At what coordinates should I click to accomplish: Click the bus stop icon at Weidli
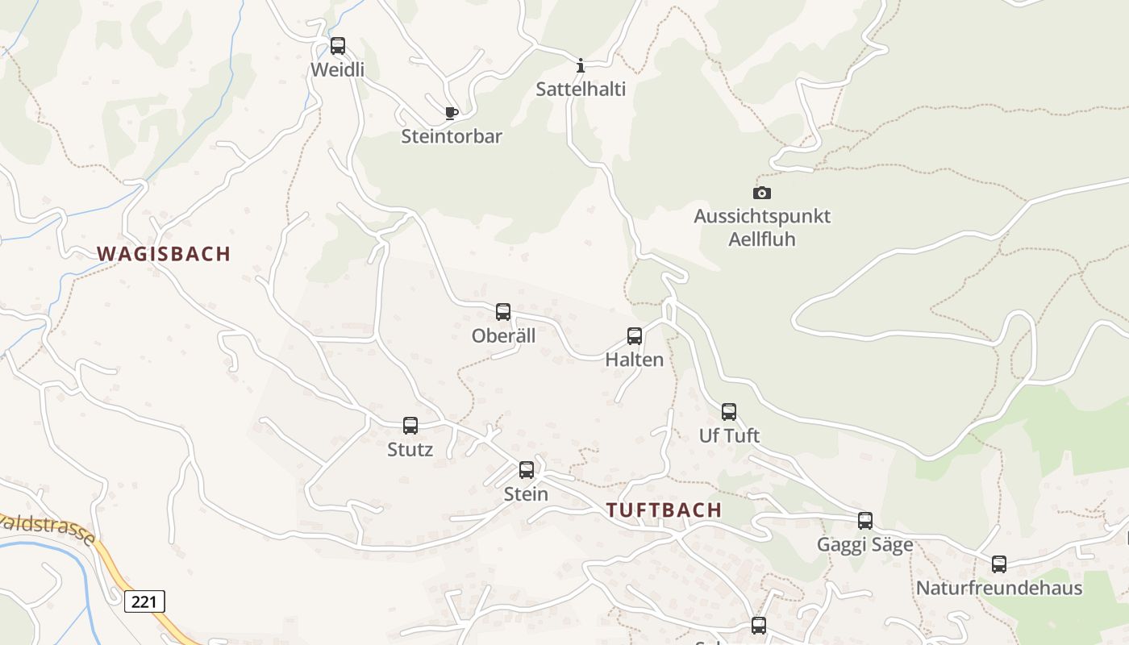coord(338,46)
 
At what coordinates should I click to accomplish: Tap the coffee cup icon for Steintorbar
coord(451,113)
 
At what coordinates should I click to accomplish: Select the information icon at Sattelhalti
coord(580,65)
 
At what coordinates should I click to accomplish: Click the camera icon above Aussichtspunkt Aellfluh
coord(761,193)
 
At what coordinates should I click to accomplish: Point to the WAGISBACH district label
coord(164,254)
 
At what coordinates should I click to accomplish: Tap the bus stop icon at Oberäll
coord(503,312)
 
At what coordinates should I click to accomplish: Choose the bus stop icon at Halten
coord(635,336)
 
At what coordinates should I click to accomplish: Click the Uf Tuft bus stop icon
coord(729,412)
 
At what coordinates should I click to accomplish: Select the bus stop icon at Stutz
coord(410,426)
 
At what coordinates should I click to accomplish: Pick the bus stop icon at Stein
coord(527,470)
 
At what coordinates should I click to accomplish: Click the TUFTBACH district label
coord(664,510)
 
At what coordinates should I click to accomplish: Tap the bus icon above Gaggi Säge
coord(865,521)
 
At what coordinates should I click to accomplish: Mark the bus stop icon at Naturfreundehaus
coord(999,564)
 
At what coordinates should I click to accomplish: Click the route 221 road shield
coord(145,601)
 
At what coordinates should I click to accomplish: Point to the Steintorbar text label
coord(452,136)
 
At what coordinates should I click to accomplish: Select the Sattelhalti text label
coord(581,89)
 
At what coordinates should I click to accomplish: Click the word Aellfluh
coord(762,239)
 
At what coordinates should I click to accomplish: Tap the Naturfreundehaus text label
coord(999,588)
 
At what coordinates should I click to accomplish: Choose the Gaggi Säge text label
coord(865,545)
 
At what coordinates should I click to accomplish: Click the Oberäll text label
coord(504,335)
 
